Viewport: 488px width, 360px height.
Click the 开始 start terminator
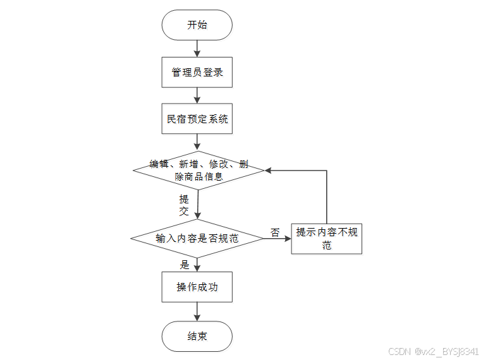197,25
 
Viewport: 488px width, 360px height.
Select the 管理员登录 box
197,72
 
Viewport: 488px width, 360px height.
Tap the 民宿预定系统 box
197,119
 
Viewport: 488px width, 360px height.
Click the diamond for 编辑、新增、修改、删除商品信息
198,171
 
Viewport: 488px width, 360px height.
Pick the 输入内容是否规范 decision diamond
197,239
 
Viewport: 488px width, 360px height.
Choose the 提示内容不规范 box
326,239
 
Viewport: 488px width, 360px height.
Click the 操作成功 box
197,287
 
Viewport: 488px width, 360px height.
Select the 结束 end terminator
197,336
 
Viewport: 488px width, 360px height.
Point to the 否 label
275,232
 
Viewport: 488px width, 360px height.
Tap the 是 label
185,265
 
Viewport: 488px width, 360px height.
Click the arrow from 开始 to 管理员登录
197,48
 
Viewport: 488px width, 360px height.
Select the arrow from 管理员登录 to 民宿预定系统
197,95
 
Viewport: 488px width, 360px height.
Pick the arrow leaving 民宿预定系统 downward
197,142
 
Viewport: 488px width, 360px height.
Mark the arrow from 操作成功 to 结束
197,311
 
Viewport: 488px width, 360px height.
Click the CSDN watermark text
433,351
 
